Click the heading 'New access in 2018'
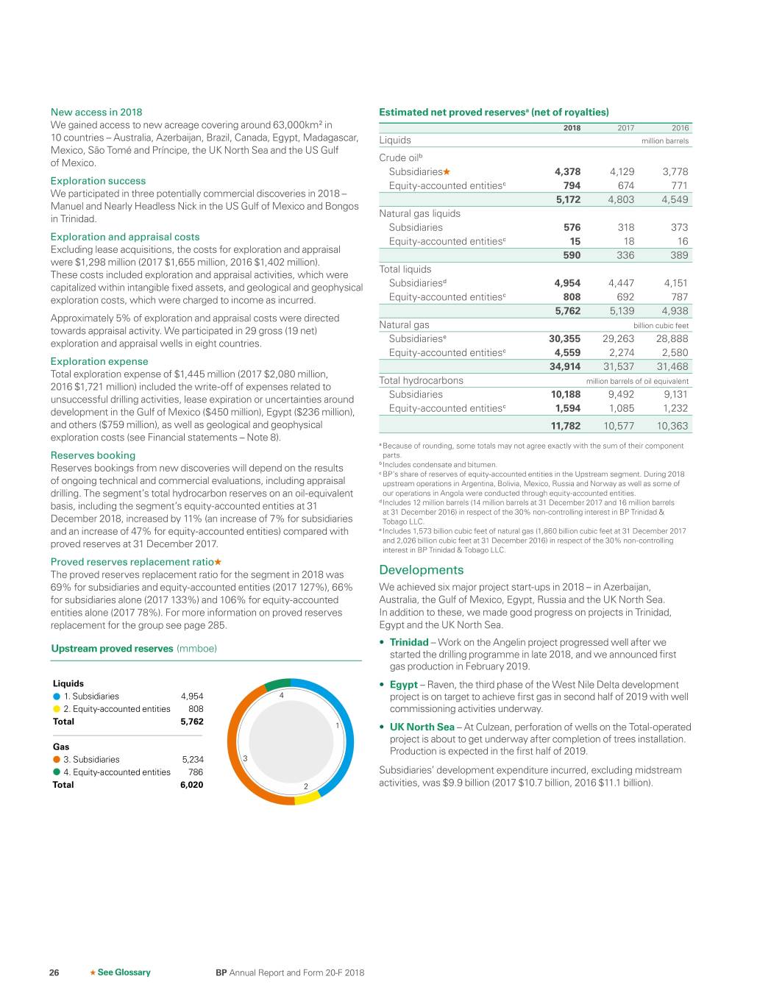coord(96,112)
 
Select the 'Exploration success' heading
coord(98,181)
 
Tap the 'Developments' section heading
coord(422,570)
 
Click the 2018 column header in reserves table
coord(572,128)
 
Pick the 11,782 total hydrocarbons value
coord(566,426)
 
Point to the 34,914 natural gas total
coord(565,366)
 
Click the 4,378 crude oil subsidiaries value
coord(567,171)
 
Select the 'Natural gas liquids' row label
coord(419,213)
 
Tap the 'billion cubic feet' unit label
coord(661,325)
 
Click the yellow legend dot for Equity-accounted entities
coord(57,709)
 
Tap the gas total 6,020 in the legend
coord(191,785)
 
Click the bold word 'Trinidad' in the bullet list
coord(409,642)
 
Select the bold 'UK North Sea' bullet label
coord(422,727)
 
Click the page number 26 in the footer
coord(54,972)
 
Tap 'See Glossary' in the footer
coord(124,972)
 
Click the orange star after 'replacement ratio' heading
coord(218,562)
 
